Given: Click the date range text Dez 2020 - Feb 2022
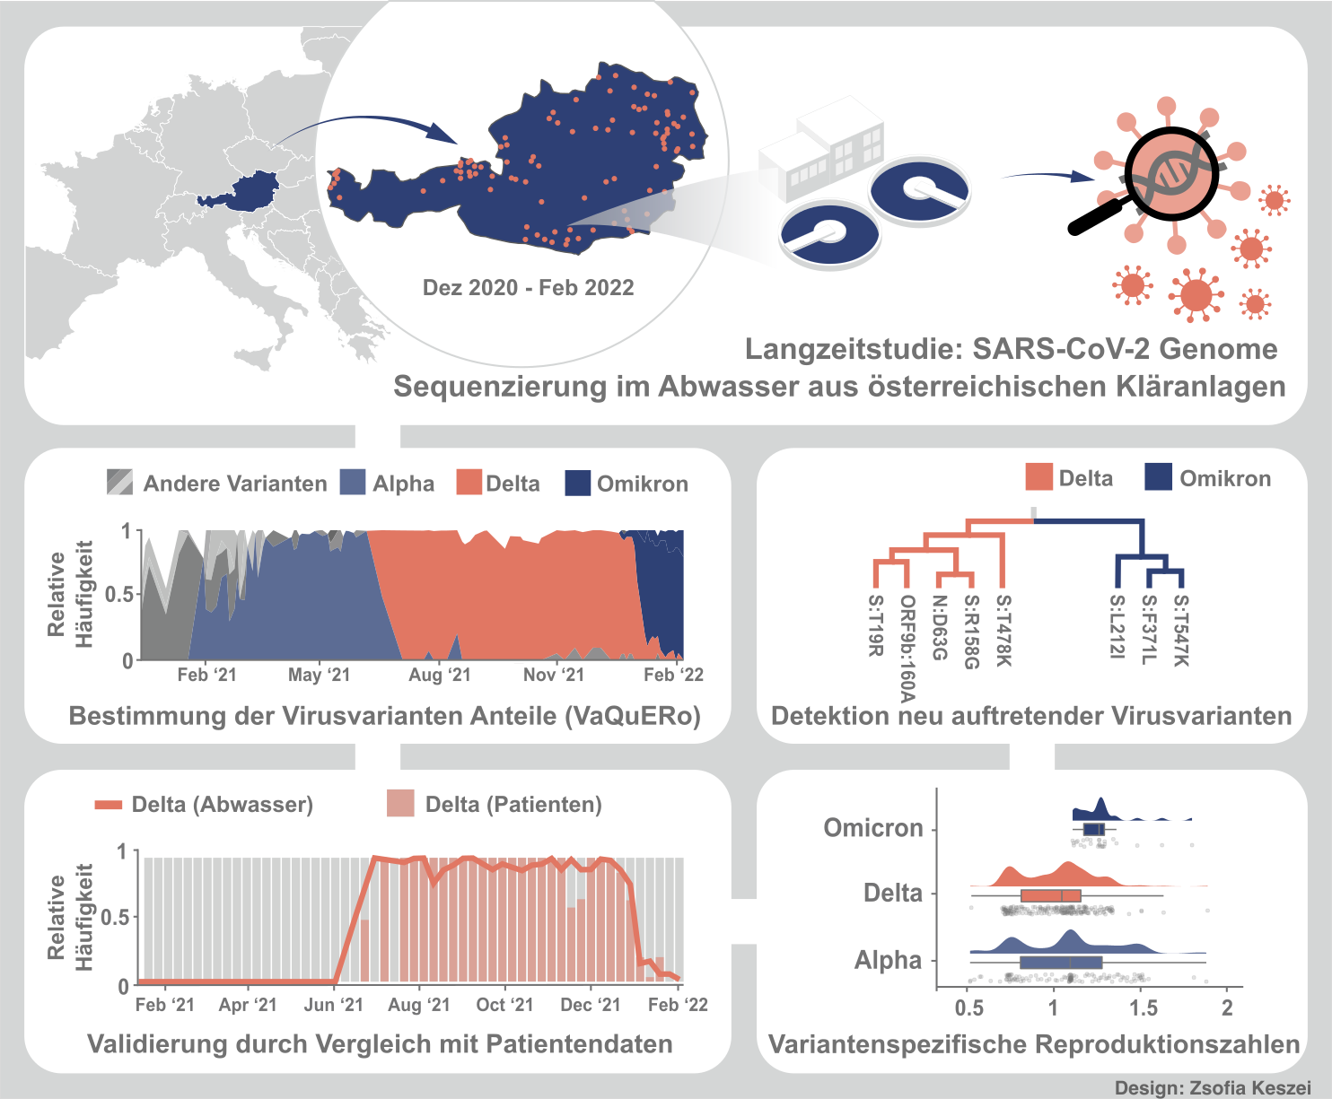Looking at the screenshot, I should (528, 288).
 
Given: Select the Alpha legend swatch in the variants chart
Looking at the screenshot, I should (353, 483).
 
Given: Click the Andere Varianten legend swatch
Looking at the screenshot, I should (119, 483).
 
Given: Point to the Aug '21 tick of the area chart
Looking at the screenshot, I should (439, 675).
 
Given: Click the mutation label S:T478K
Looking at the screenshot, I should (1003, 632).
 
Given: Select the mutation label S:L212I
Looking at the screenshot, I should (1117, 627).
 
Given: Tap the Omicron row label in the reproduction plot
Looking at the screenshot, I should (872, 827).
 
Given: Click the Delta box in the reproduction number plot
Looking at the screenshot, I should (1050, 895).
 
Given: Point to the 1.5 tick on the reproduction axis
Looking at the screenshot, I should (1144, 1007).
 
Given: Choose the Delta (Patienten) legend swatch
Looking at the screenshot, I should (400, 803).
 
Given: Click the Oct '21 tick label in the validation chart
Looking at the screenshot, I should (504, 1005).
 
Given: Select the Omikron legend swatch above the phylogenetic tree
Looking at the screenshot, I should (1159, 477).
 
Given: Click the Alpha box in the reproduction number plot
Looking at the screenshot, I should (1060, 963).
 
